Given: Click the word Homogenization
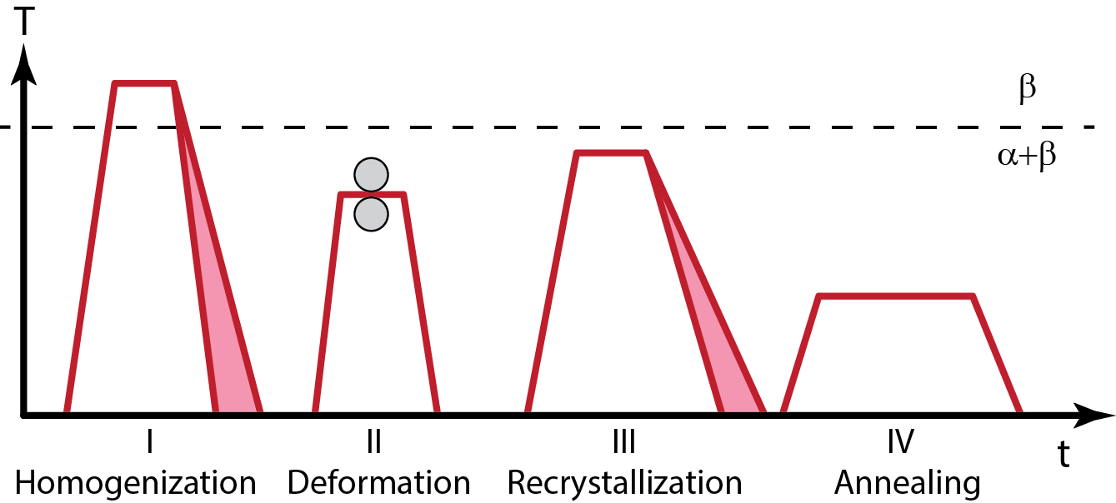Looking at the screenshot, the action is [136, 483].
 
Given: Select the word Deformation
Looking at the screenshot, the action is [378, 482].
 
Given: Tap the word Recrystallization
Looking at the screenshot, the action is [625, 483].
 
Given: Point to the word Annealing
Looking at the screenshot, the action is [908, 483].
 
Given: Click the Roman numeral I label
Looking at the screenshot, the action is [149, 441].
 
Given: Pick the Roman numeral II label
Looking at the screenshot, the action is [373, 441].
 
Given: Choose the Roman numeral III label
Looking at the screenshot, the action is [623, 441].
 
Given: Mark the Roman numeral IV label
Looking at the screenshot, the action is [901, 441].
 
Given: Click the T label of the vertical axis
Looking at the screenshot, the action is [24, 22].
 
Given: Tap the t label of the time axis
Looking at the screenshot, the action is [1063, 454].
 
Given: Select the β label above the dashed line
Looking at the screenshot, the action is [1028, 88].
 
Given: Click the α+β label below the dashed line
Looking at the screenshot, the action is [1026, 156].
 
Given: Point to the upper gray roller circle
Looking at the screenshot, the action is [371, 175].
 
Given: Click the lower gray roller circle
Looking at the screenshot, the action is [371, 214].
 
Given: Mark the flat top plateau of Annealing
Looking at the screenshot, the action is [896, 296].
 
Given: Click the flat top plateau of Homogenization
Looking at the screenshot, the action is [144, 83].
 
